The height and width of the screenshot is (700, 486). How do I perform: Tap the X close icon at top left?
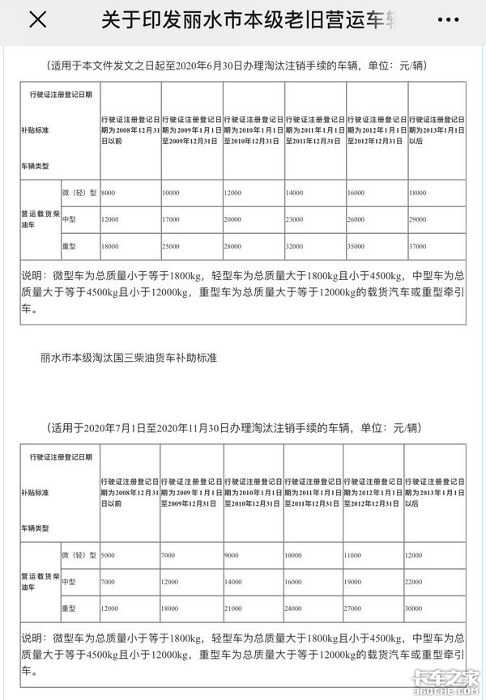click(x=37, y=20)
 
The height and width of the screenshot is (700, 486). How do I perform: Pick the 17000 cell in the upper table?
click(x=172, y=219)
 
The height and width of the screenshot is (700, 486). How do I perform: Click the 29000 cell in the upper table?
click(x=420, y=219)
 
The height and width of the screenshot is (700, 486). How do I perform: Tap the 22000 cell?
click(x=420, y=583)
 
